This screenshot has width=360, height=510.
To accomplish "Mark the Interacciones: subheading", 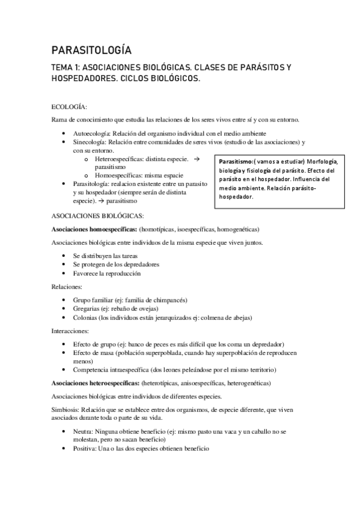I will [70, 331].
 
